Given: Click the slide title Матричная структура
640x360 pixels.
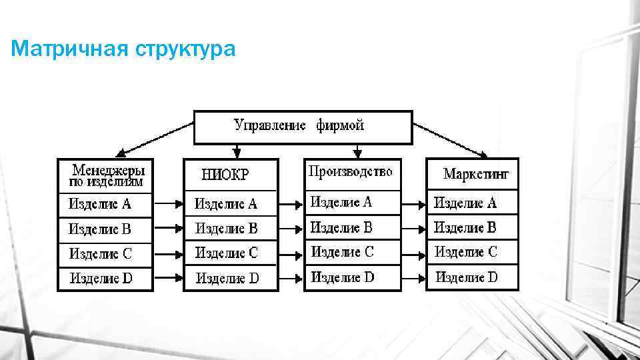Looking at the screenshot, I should click(x=123, y=49).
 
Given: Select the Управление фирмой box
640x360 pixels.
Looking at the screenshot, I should click(x=303, y=127).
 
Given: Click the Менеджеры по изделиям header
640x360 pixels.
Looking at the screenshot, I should click(x=106, y=175).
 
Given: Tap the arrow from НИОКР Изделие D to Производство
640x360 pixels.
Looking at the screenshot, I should click(x=290, y=277).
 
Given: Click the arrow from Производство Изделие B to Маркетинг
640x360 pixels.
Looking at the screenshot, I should click(x=413, y=228).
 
